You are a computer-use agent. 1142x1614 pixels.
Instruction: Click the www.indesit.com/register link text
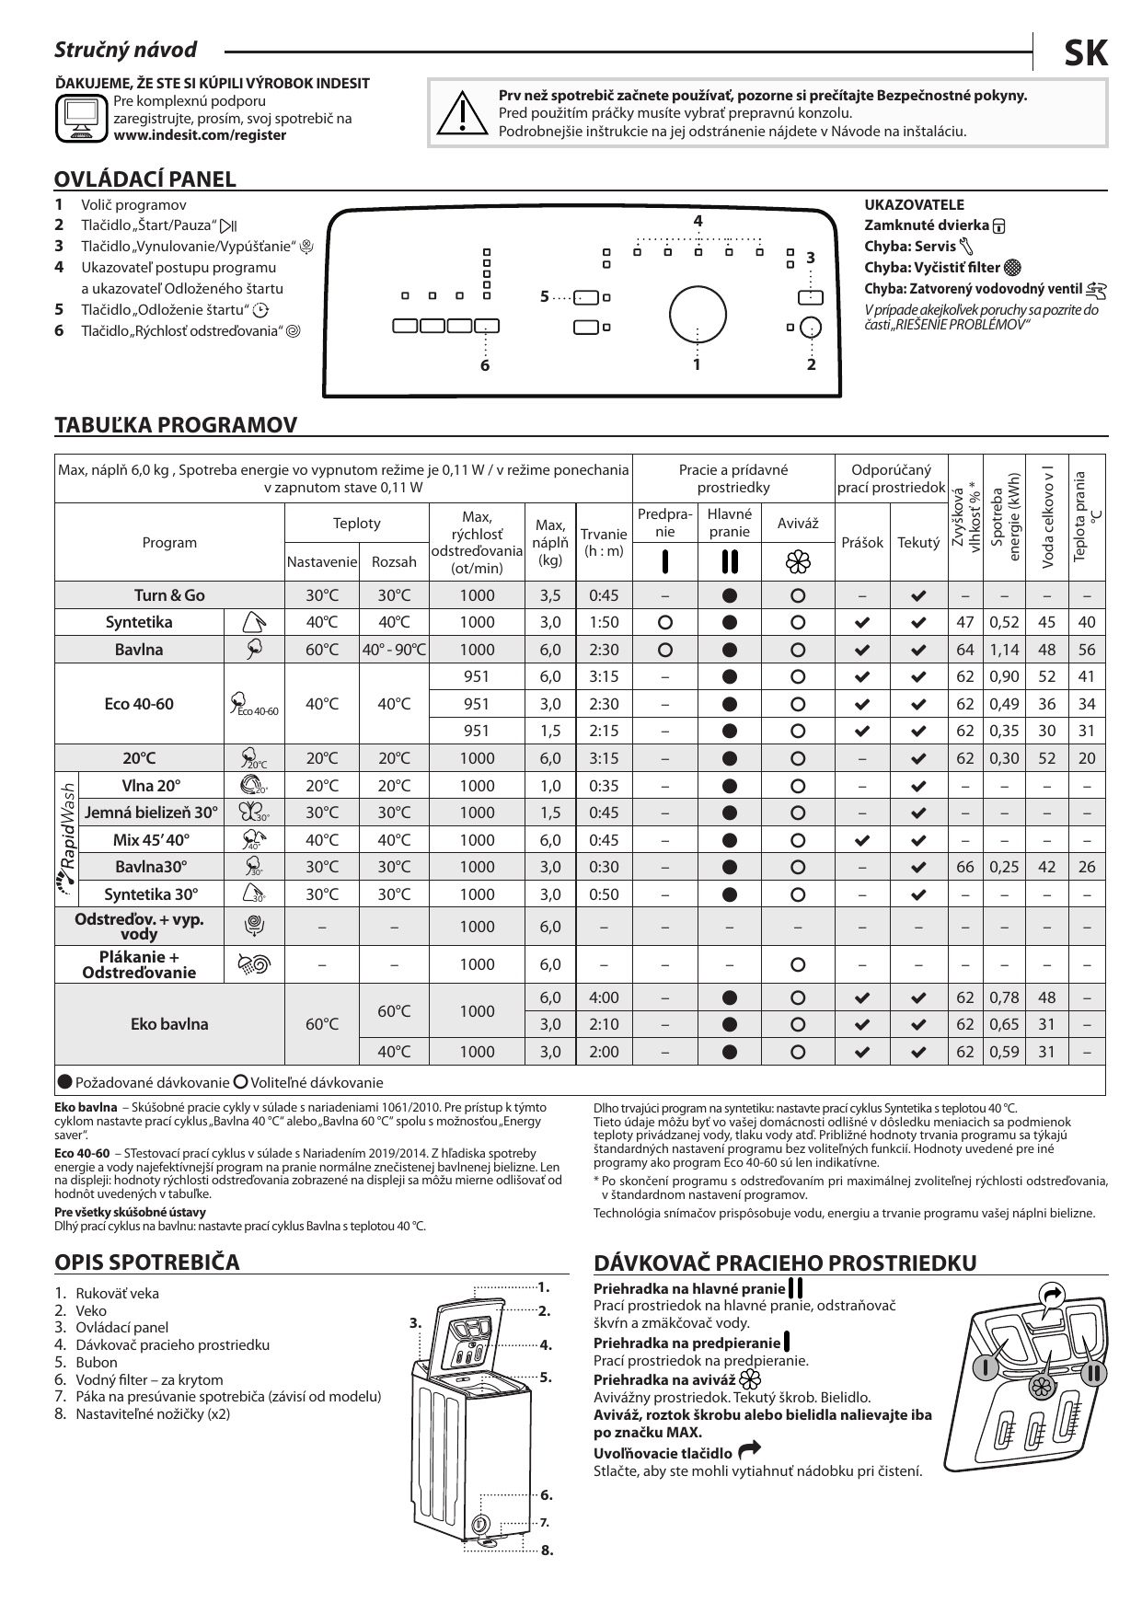[200, 135]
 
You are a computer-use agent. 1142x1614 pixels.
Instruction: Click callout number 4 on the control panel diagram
[698, 221]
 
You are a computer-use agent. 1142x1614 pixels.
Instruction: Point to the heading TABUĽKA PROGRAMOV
[177, 425]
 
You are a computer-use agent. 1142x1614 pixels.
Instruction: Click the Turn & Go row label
[169, 595]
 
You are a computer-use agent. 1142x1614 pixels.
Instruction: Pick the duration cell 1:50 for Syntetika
[604, 622]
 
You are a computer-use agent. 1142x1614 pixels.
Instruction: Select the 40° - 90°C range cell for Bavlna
[394, 650]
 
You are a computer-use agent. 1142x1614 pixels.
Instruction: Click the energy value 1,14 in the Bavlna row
[1004, 650]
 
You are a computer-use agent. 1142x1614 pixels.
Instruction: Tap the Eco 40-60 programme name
[139, 704]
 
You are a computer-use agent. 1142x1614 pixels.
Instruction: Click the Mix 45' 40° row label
[151, 840]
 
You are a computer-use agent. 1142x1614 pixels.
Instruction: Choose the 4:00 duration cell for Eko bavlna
[604, 997]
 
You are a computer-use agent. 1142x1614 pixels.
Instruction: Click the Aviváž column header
[798, 523]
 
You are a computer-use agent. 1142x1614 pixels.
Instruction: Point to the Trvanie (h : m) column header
[604, 542]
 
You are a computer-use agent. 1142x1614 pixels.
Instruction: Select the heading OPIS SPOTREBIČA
[147, 1261]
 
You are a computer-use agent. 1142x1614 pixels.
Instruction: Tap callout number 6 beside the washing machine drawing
[546, 1494]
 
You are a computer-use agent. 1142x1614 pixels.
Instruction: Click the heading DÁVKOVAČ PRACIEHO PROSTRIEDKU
[785, 1262]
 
